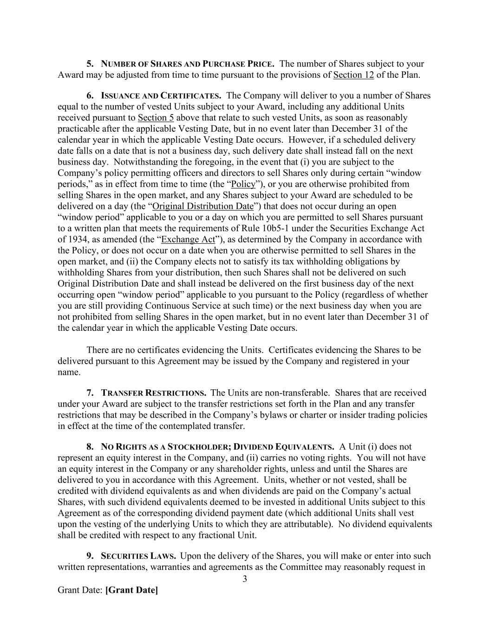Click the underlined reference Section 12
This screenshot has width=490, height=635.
point(353,75)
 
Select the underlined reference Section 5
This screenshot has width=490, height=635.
point(156,118)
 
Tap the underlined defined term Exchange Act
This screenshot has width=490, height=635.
point(188,240)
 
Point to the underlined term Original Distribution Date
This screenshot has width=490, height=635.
point(203,206)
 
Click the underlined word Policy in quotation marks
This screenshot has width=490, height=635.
point(243,184)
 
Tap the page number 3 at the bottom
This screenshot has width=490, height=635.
point(245,579)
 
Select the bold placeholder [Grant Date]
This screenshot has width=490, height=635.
point(132,590)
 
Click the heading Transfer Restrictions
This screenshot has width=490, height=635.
point(154,393)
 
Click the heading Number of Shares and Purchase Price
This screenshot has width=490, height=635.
point(187,64)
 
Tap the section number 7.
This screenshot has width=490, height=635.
point(90,393)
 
